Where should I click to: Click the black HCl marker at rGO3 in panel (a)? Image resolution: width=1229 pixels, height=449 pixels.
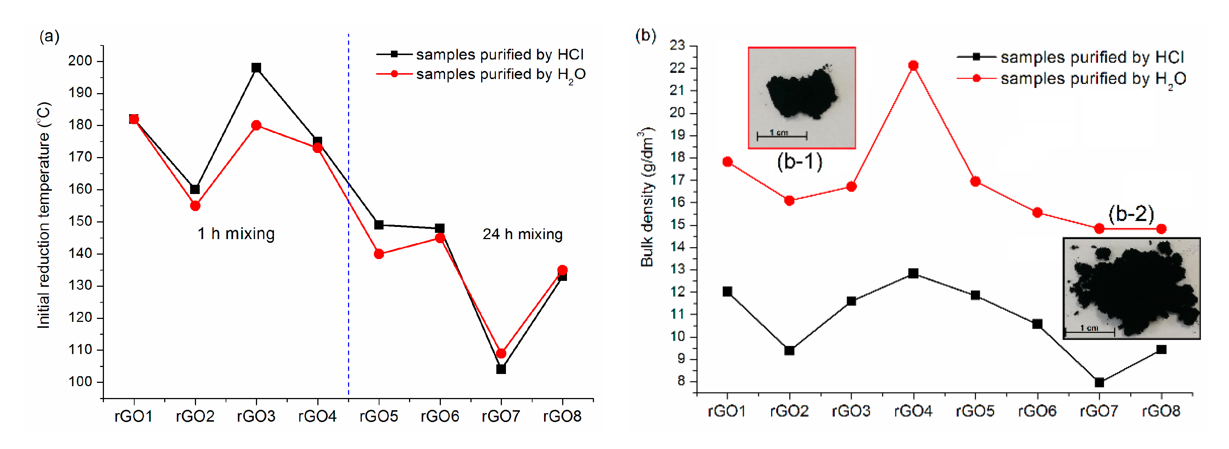click(256, 68)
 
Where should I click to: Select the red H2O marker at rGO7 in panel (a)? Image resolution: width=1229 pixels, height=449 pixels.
click(501, 353)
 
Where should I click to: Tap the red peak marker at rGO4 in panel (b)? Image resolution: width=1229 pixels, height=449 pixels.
click(913, 66)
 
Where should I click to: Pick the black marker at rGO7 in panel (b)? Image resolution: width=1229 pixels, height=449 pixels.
click(1099, 382)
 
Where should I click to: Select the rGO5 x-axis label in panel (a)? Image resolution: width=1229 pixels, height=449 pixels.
click(378, 416)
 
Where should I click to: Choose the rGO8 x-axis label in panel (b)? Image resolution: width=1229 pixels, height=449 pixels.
click(1161, 411)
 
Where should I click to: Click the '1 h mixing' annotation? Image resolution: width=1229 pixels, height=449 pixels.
click(236, 234)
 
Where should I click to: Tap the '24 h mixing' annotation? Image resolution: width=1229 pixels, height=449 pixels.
click(523, 234)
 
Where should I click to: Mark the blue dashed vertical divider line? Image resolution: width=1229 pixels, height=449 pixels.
click(348, 286)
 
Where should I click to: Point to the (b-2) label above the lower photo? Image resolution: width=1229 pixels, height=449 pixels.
click(1131, 214)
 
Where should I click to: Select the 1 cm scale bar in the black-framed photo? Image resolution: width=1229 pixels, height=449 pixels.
click(1089, 330)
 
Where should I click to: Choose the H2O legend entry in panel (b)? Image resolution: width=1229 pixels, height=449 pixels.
click(1071, 79)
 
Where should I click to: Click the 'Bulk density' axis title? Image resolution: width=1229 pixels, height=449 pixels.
click(647, 197)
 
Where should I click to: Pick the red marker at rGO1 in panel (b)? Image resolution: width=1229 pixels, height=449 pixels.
click(727, 162)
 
